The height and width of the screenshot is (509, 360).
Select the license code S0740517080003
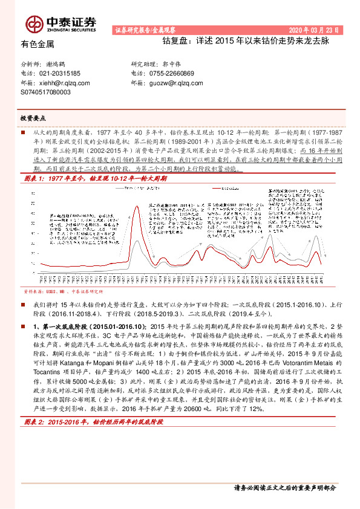45,93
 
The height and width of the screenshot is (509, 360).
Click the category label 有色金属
38,44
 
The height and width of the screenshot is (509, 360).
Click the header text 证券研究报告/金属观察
143,29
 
